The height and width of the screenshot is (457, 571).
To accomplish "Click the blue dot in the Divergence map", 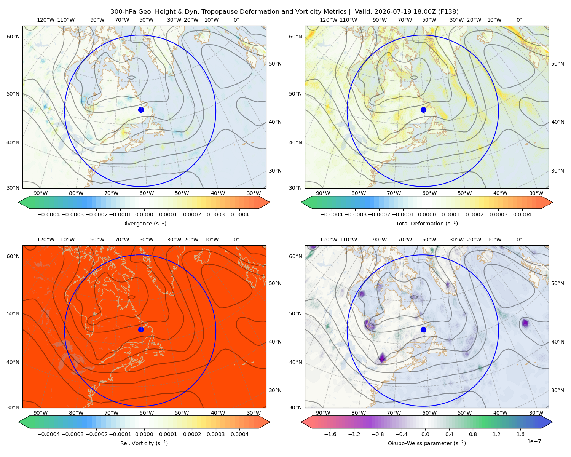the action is click(141, 110).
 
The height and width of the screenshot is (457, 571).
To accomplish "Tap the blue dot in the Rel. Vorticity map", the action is click(141, 329).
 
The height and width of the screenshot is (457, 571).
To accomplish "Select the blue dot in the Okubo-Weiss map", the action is click(423, 329).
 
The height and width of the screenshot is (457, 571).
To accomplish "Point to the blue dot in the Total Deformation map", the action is click(423, 110).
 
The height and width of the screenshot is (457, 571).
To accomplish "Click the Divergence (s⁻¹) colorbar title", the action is click(144, 223).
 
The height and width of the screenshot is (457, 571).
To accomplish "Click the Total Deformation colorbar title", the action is click(427, 223).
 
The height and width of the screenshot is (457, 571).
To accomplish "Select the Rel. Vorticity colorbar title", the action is click(144, 443).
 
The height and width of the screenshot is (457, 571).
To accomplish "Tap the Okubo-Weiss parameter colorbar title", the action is click(427, 443).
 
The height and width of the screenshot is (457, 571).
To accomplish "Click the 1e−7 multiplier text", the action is click(534, 441).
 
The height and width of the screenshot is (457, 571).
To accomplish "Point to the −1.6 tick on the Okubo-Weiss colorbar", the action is click(330, 434).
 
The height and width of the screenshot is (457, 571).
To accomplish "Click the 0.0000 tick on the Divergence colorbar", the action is click(144, 214).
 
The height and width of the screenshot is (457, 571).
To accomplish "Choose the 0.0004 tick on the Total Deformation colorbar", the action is click(522, 214).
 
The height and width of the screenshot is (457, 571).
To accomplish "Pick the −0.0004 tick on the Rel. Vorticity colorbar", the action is click(49, 434).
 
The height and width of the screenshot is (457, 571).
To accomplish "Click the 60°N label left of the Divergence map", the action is click(13, 37).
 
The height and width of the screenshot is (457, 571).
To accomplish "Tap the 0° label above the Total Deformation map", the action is click(519, 20).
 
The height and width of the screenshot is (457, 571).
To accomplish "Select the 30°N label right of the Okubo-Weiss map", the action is click(557, 390).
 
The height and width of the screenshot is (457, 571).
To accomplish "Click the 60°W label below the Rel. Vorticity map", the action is click(147, 413).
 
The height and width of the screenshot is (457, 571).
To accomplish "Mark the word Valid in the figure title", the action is click(362, 12).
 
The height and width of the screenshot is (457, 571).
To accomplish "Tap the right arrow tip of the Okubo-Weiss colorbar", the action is click(552, 422).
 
